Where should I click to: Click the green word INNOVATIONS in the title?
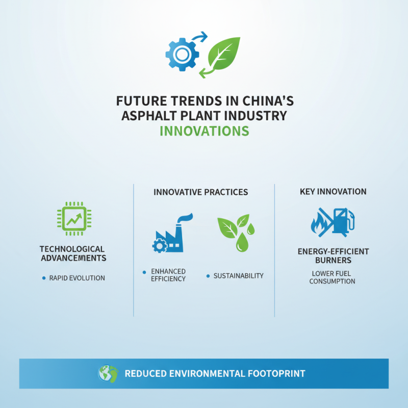coord(204,131)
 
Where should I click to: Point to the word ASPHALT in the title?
coord(147,115)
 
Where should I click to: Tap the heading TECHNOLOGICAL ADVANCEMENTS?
coord(72,253)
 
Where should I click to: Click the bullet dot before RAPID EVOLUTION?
coord(44,278)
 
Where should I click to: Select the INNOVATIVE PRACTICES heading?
coord(200,192)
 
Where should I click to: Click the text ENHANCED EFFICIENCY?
coord(168,275)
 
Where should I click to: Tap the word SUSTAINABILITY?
coord(238,275)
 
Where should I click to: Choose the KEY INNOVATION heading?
coord(333,192)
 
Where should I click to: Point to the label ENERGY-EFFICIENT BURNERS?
coord(333,256)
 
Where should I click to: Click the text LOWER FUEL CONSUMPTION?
coord(333,277)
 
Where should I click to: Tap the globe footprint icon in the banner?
coord(108,373)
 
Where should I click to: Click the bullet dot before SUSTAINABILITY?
coord(208,275)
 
